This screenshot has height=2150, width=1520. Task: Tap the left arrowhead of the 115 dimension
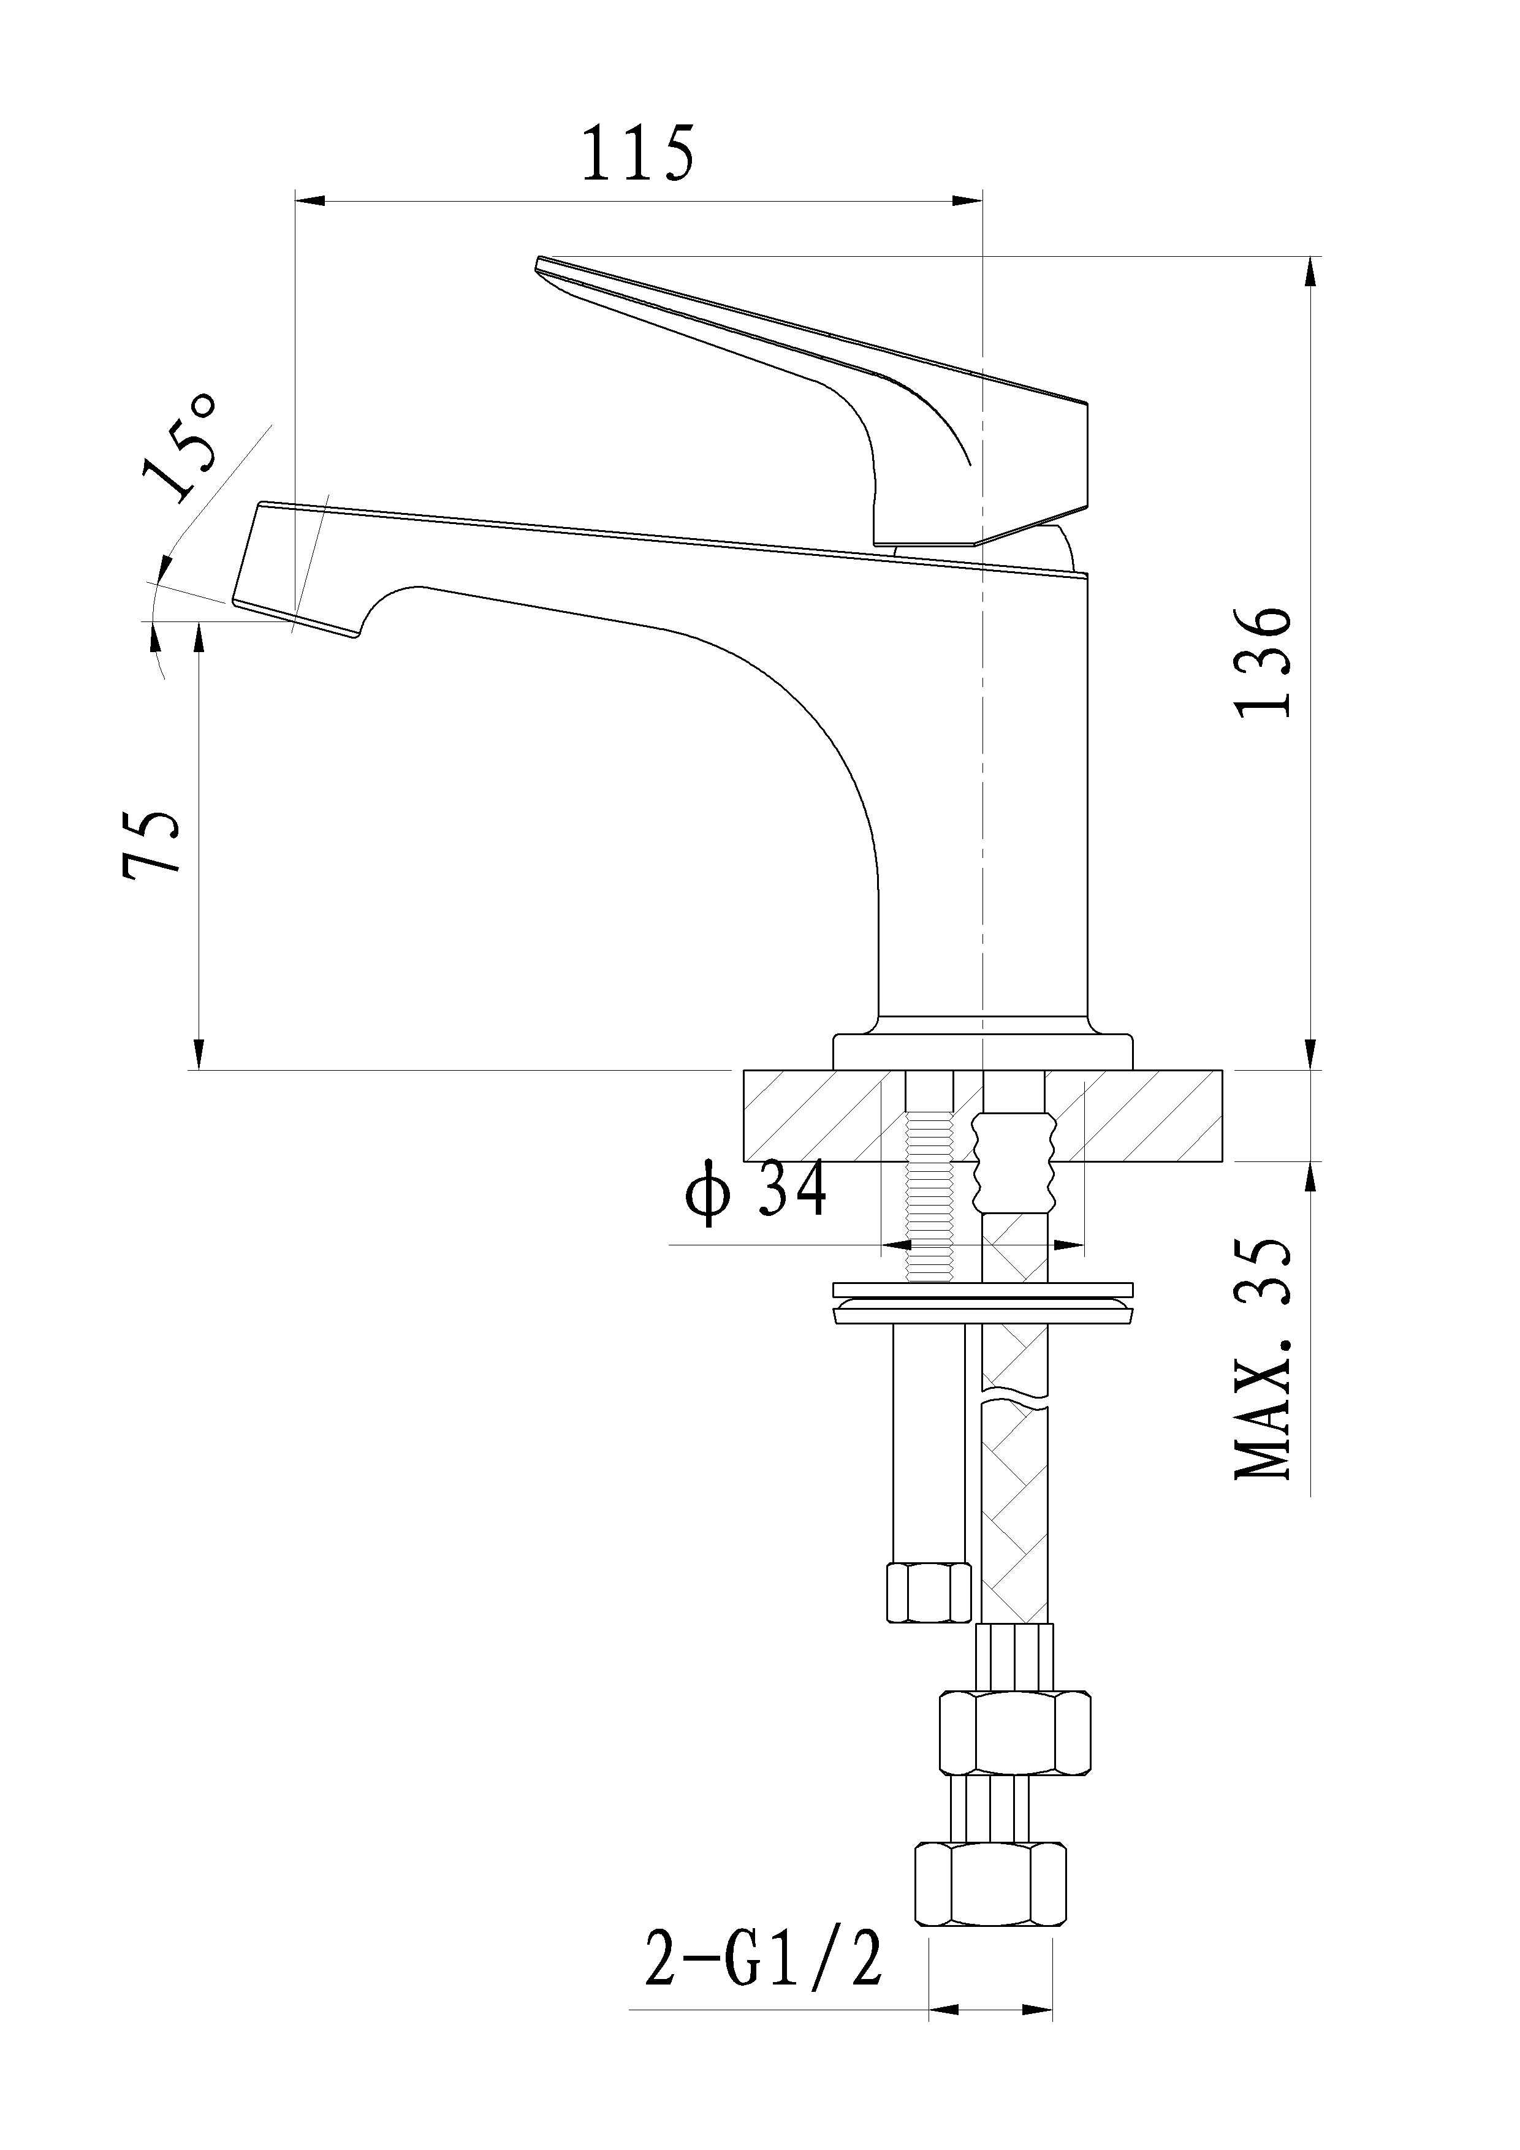click(x=309, y=200)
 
